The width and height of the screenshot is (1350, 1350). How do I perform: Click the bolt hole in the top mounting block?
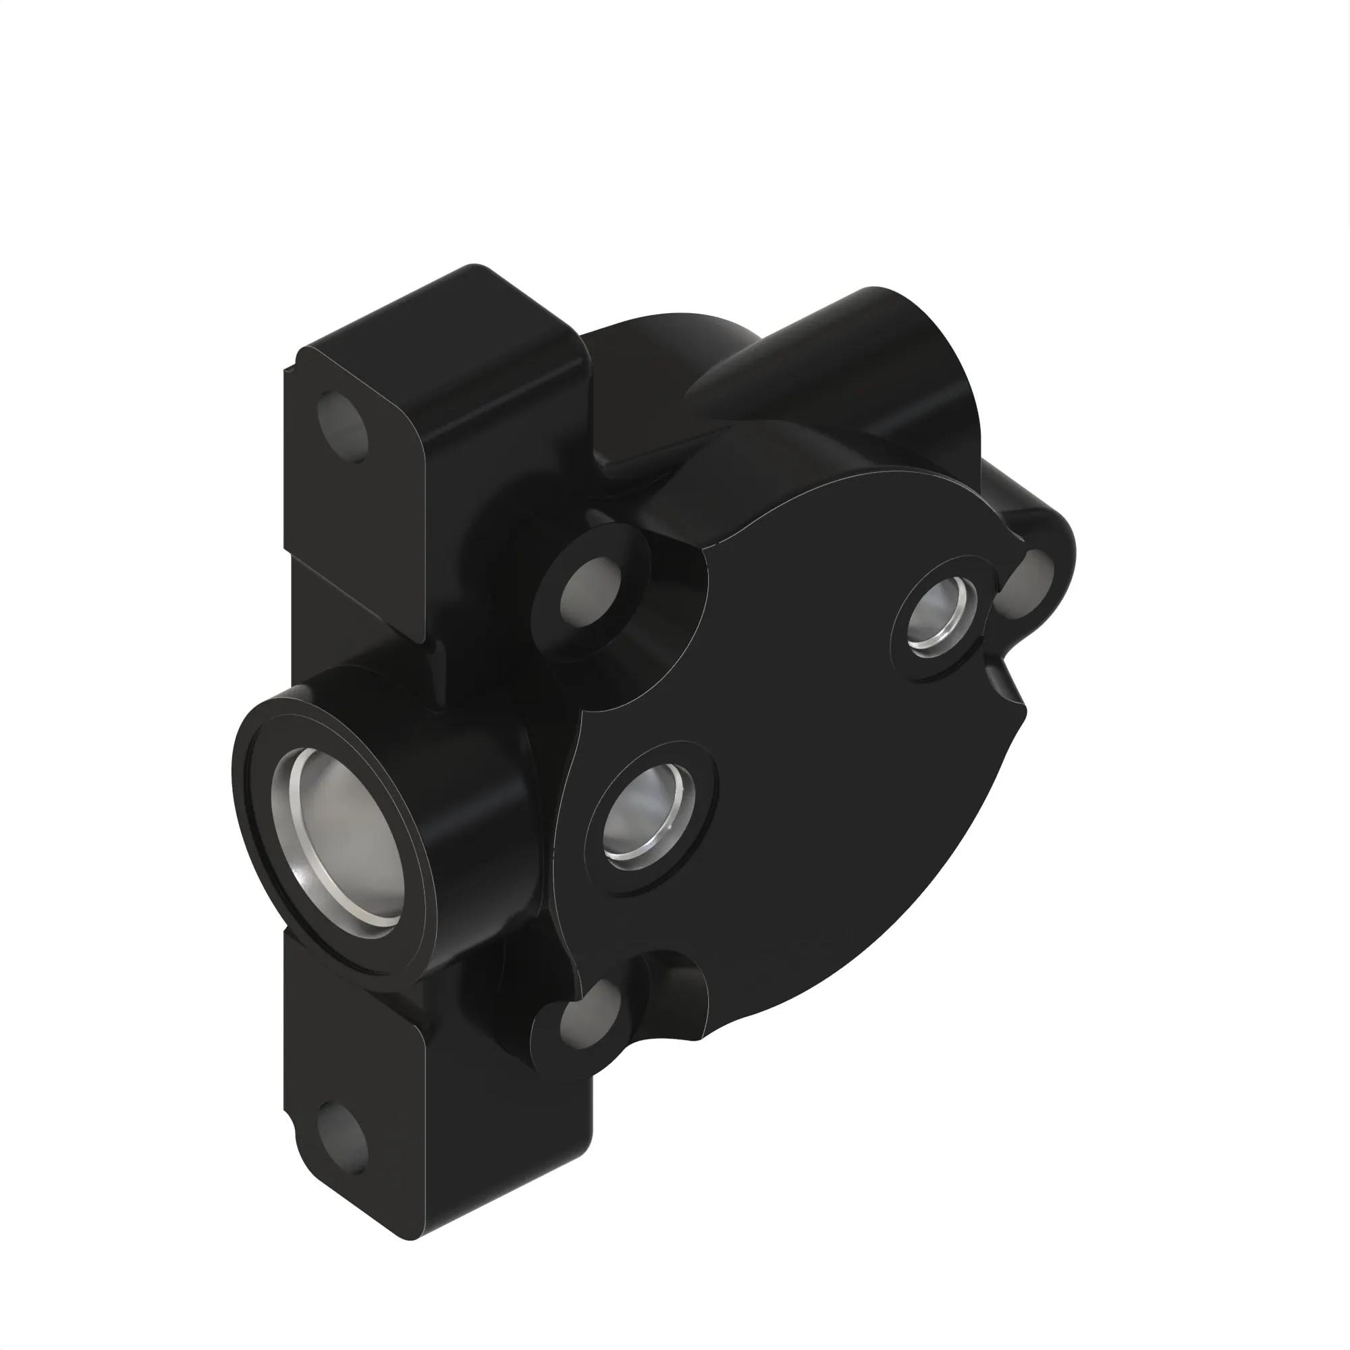click(342, 425)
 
